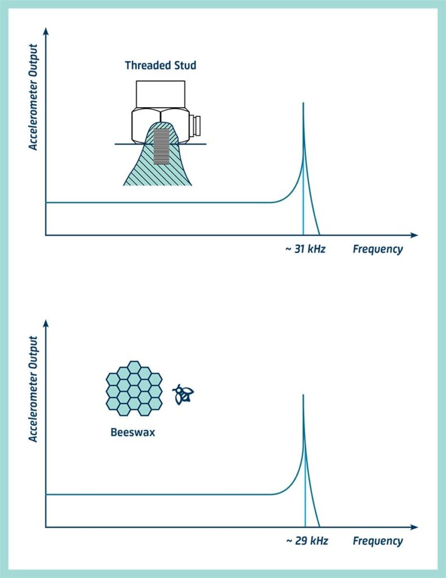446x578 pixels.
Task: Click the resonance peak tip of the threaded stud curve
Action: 303,103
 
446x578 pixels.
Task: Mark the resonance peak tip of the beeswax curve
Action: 303,395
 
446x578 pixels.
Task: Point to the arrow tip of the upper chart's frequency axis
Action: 418,235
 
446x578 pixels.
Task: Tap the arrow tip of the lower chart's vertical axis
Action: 46,320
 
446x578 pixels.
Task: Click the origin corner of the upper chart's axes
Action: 46,235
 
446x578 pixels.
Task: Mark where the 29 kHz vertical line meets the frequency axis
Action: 305,527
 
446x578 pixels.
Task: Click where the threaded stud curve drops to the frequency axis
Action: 319,235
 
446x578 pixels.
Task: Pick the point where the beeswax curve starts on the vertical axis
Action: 46,494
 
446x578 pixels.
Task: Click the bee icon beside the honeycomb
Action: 183,394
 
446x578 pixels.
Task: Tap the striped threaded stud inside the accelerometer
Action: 161,146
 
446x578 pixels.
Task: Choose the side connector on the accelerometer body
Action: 195,125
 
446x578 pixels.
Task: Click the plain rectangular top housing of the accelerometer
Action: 161,94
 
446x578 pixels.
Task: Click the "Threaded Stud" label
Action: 161,65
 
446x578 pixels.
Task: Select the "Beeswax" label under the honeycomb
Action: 133,432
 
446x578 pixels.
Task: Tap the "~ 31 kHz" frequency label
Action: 305,249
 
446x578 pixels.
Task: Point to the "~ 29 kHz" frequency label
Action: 307,541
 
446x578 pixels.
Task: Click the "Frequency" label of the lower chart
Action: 378,541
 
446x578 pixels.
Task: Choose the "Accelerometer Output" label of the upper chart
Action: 33,97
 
